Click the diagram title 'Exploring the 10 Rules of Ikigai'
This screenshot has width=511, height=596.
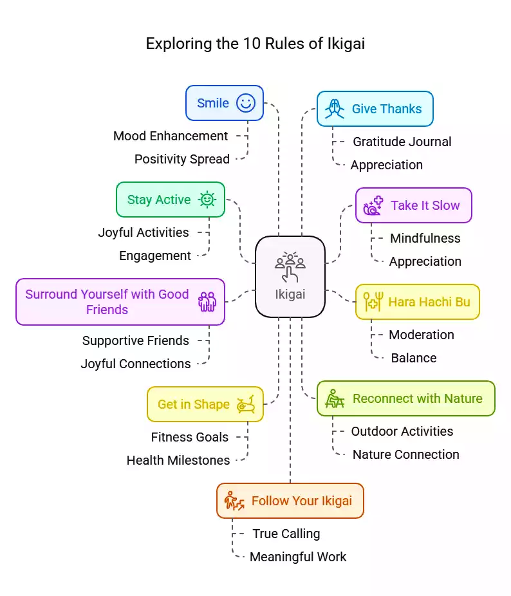(x=256, y=43)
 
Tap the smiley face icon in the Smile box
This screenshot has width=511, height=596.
(x=245, y=103)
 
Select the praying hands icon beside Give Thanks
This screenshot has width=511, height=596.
(x=334, y=109)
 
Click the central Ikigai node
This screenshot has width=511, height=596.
(x=290, y=276)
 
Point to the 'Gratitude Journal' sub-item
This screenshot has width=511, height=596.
(x=402, y=142)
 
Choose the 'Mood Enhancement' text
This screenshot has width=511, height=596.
(x=171, y=136)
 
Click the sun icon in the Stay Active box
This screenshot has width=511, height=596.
(x=207, y=200)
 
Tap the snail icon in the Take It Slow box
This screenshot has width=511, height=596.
(x=373, y=205)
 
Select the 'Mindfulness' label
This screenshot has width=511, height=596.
(x=425, y=238)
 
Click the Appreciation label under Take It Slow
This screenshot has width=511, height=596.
(x=425, y=261)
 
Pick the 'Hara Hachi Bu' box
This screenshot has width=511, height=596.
(x=417, y=302)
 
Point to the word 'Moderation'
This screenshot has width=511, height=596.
(x=421, y=335)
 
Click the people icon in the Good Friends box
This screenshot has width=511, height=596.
(x=207, y=301)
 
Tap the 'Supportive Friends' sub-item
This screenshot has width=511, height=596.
(x=136, y=340)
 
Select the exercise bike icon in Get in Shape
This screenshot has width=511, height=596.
(x=245, y=404)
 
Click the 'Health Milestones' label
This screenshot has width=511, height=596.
(x=178, y=460)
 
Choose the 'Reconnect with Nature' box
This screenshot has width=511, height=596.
(x=405, y=398)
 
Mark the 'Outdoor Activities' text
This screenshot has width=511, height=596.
(x=402, y=431)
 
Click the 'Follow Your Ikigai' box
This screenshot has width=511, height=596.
(x=290, y=501)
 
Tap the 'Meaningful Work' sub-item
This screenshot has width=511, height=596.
(x=297, y=557)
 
